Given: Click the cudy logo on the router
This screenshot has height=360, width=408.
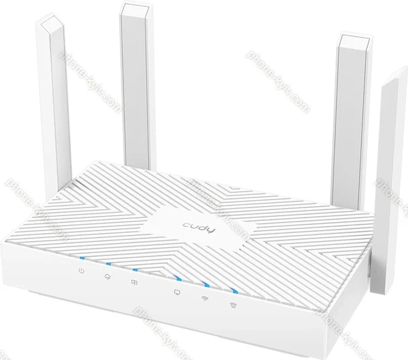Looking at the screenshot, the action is point(199,228).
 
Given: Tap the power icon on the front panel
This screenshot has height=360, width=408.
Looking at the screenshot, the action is point(81,271).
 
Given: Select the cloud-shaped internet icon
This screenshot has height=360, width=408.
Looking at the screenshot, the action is point(107,277).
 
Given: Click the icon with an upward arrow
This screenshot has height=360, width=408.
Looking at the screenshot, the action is point(134,282).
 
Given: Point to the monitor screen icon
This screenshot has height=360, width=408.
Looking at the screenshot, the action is point(177,292).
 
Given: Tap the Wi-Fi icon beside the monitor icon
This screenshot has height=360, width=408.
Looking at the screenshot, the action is point(205,298).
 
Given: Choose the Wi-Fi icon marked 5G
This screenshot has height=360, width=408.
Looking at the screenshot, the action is point(234,305).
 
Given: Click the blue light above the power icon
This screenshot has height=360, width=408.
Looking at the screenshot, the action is point(82,259).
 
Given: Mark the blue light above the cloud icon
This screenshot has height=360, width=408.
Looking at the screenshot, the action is point(108,264).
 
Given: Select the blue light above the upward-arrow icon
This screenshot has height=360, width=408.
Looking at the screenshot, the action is point(136,270).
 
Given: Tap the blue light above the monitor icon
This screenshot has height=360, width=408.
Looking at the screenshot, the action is point(178,278).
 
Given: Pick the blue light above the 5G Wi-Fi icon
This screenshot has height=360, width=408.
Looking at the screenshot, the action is point(234,291).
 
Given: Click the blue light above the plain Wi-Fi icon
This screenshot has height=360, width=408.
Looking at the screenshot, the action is point(206,285).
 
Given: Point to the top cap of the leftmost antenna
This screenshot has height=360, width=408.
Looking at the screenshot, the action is point(50,24).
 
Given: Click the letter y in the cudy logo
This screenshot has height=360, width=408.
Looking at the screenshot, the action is point(211,230).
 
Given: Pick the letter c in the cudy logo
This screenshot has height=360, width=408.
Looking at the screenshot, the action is point(186,224).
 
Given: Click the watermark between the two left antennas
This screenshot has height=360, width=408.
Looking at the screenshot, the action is point(91,83).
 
